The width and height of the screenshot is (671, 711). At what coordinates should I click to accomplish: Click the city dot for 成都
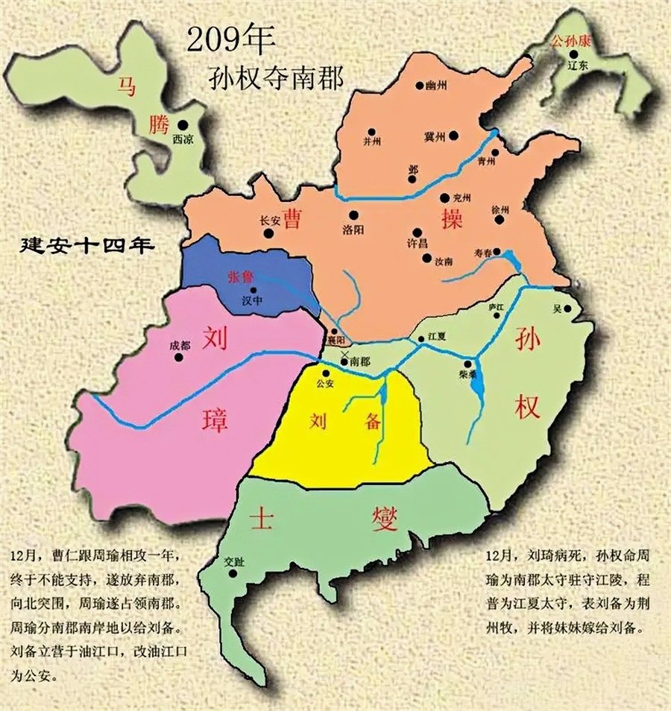(x=179, y=357)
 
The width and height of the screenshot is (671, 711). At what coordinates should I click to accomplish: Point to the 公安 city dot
(x=324, y=374)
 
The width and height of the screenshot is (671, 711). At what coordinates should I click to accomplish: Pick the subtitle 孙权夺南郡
(x=278, y=77)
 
